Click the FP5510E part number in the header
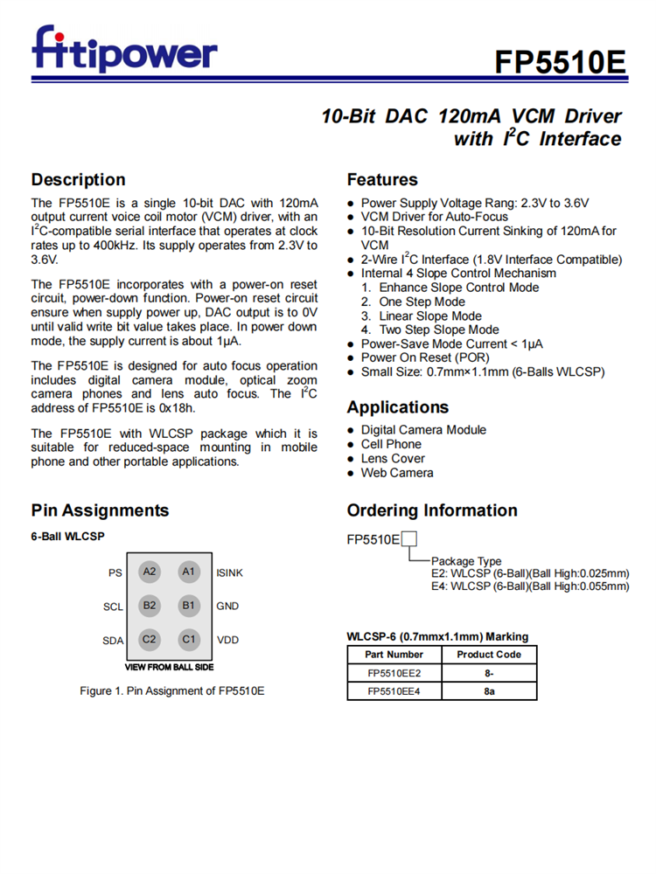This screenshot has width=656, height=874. pos(561,63)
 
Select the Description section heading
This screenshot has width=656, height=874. pos(78,180)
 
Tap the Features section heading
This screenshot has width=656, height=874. pos(382,180)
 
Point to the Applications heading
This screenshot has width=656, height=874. pos(397,407)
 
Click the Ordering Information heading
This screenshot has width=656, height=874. pos(432,510)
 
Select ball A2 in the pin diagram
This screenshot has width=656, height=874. pos(150,572)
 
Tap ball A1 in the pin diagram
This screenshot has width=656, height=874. pos(188,572)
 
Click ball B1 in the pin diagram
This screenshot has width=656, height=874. pos(188,605)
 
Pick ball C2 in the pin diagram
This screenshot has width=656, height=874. pos(150,639)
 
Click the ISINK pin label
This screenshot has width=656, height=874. pos(230,573)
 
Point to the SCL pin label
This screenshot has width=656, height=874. pos(113,607)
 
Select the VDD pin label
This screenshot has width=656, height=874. pos(228,640)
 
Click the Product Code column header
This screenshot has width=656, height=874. pos(489,655)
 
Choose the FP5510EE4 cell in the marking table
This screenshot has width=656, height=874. pos(394,691)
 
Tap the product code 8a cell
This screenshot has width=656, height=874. pos(489,691)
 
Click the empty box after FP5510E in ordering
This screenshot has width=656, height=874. pos(408,539)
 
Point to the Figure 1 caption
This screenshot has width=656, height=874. pos(171,691)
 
